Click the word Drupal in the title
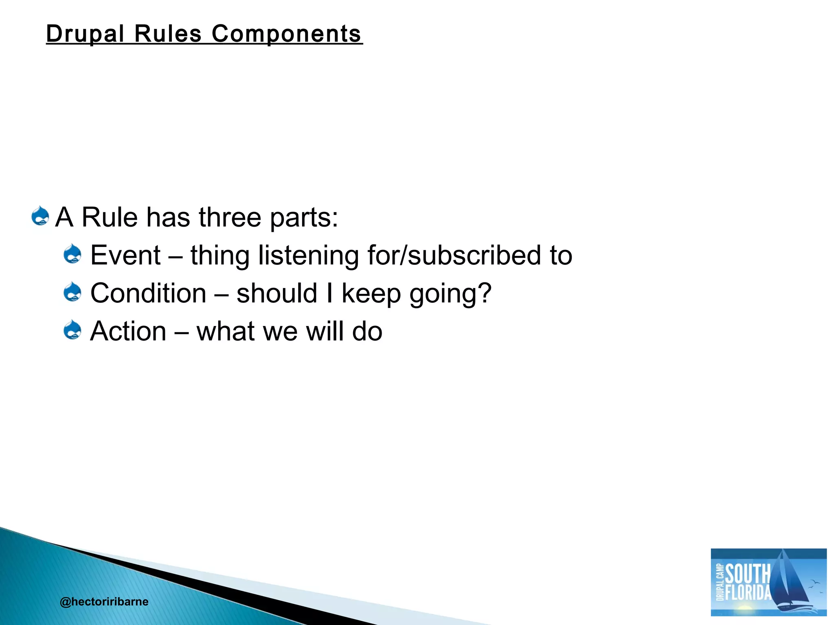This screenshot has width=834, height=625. (85, 33)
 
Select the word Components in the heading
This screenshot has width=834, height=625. (286, 33)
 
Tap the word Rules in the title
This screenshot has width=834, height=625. (168, 33)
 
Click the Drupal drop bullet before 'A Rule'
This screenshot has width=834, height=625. (40, 216)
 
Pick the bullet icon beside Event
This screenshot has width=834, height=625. (73, 254)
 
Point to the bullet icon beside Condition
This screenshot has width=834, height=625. (73, 292)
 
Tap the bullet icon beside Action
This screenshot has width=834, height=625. (73, 330)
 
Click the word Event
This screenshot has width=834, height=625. (125, 255)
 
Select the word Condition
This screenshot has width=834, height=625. (148, 293)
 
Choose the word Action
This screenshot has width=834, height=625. (128, 331)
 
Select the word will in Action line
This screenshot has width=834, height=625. (324, 331)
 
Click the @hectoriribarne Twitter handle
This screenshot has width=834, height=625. (104, 601)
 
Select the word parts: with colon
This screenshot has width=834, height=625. (304, 218)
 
